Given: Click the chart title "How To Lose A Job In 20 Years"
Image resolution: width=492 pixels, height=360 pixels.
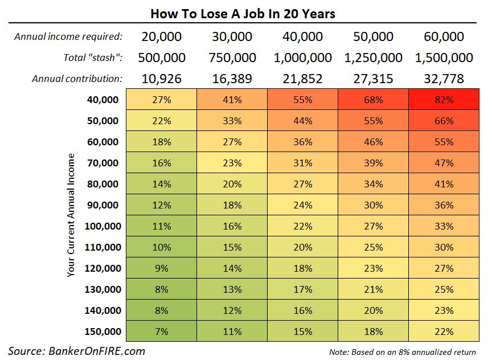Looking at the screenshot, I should pos(243,13).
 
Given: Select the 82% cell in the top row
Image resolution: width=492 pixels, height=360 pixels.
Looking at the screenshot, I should pos(443,100).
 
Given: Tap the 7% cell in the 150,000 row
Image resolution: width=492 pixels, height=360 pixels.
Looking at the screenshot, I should pos(161,332).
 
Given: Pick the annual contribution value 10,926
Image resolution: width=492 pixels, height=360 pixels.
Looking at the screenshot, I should pos(161,79).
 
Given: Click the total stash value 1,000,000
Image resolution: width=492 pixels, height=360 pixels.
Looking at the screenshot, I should pos(302,58).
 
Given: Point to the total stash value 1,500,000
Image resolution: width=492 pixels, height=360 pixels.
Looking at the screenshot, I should pos(444,58).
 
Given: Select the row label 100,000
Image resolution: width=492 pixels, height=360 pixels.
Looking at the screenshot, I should pos(102,226).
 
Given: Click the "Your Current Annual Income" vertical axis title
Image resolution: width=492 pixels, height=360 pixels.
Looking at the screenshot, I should pos(71,215).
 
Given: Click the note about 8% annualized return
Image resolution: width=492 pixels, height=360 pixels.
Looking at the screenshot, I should pos(402,351).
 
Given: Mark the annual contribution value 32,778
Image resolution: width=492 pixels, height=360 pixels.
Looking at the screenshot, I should pos(444,79).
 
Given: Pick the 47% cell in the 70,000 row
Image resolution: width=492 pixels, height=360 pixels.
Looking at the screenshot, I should pos(443,163).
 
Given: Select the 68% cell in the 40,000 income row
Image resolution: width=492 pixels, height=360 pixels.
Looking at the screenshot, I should pos(373,100).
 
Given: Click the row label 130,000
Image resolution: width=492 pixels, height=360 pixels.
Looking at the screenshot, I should pos(102,289).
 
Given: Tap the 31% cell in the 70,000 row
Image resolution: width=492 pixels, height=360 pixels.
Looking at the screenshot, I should pos(302,163).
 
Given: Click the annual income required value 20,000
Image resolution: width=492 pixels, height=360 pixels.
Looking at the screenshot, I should pos(161,37).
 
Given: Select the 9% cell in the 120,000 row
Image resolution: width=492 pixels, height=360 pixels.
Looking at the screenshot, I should pos(161,268).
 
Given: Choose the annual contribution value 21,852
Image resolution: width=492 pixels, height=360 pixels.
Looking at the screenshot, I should pos(302,79).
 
